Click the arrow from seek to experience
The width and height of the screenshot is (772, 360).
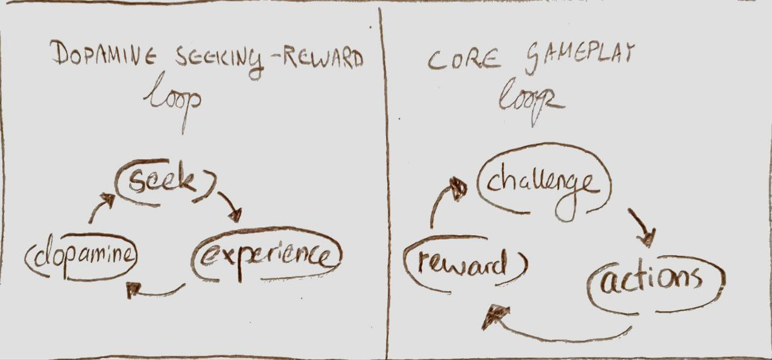(x=230, y=205)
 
